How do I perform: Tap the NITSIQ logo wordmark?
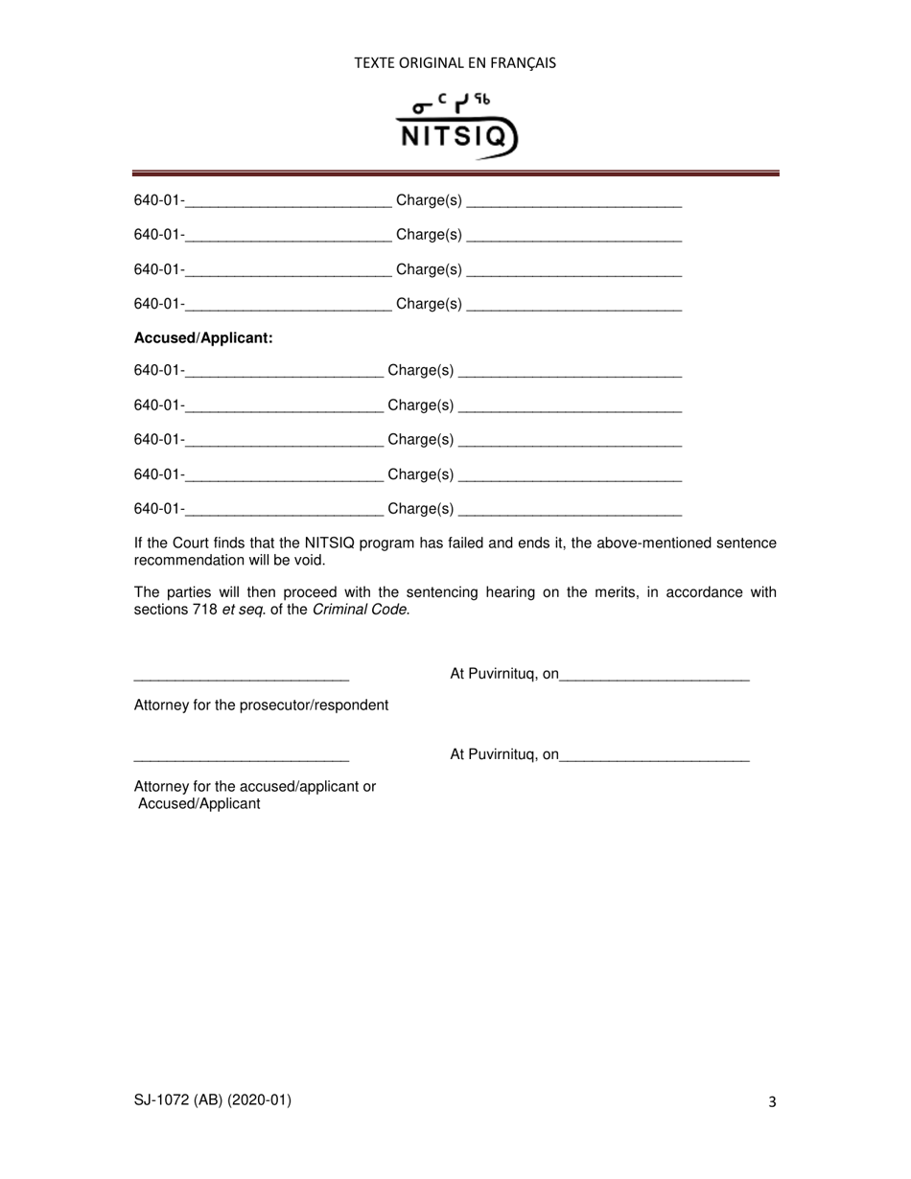pyautogui.click(x=455, y=136)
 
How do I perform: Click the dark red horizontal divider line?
pyautogui.click(x=455, y=173)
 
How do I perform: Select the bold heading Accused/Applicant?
pyautogui.click(x=203, y=337)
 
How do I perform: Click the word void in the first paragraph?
pyautogui.click(x=309, y=560)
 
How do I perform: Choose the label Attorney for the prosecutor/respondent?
pyautogui.click(x=261, y=705)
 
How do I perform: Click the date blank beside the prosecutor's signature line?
pyautogui.click(x=654, y=677)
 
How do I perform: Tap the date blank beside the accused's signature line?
pyautogui.click(x=654, y=757)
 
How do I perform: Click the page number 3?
pyautogui.click(x=772, y=1102)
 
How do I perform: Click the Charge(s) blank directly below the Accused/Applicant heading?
pyautogui.click(x=571, y=373)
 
